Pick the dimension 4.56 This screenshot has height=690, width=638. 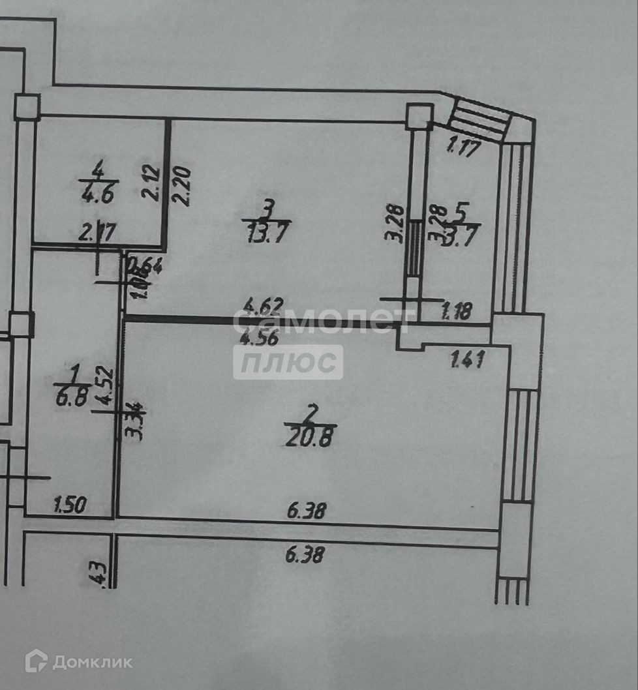259,338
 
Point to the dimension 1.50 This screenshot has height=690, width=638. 70,504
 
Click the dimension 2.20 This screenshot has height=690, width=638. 183,187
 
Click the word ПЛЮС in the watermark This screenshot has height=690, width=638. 288,363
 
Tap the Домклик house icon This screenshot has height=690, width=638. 35,661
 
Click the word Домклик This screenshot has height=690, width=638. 92,663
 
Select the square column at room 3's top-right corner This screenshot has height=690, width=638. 418,116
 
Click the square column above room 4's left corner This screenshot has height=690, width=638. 27,106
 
